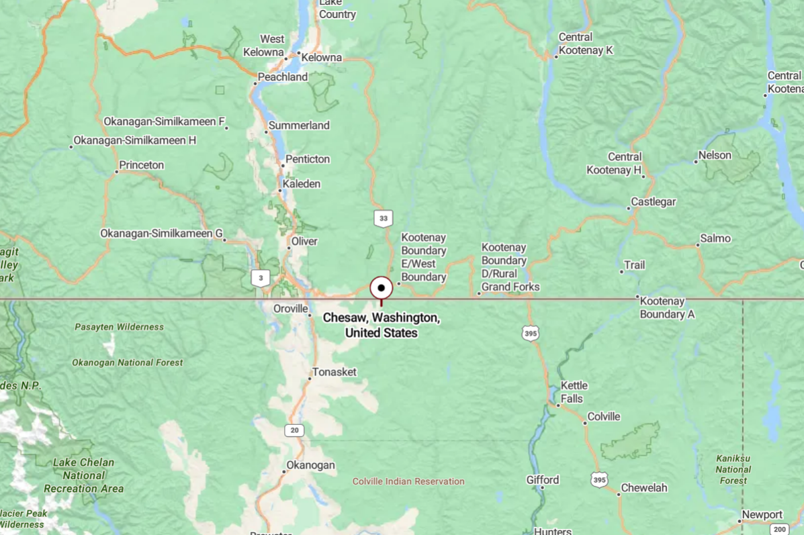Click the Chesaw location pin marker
381,289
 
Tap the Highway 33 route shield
383,218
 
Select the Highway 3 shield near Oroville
260,278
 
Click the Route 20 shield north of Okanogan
294,430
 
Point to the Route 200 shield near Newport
779,529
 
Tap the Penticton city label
308,159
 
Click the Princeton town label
141,165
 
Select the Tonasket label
334,372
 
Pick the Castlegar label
653,202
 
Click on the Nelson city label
715,156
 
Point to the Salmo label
715,238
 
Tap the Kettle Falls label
574,391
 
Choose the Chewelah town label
644,488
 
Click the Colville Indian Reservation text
408,481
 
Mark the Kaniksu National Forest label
733,469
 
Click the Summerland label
299,126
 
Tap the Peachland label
283,77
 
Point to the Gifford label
543,480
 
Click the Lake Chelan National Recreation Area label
83,475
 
